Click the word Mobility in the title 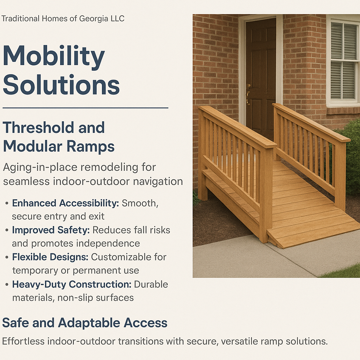point(54,57)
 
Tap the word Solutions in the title point(61,85)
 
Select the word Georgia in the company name point(94,19)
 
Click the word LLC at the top point(117,18)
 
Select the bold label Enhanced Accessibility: point(65,203)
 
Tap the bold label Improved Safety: point(51,230)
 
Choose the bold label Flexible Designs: point(50,257)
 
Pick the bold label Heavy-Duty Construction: point(72,284)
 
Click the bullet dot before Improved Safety point(7,230)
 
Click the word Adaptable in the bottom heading point(89,323)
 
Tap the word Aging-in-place point(40,167)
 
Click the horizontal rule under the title point(85,108)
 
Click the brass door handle point(248,95)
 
